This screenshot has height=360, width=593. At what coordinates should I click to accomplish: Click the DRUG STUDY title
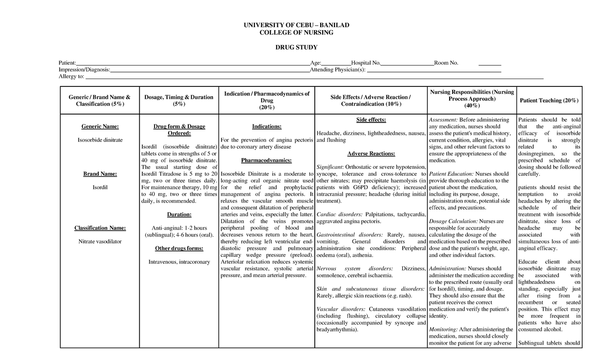coord(296,47)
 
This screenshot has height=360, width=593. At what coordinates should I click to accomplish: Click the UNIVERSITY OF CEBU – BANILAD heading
coord(296,25)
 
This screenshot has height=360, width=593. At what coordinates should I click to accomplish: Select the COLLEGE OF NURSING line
coord(296,33)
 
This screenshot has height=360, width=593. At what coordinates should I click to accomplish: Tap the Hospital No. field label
coord(366,63)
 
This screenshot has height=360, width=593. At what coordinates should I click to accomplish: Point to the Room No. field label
coord(446,63)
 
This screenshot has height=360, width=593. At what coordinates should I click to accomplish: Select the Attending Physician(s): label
coord(338,70)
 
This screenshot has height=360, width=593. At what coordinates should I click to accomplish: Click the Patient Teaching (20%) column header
coord(549,101)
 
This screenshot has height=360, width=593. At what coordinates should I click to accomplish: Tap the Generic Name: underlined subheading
coord(100,126)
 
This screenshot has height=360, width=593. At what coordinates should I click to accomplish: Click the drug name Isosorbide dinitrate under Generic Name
coord(100,140)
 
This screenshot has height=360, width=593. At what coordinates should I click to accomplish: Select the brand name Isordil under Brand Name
coord(100,188)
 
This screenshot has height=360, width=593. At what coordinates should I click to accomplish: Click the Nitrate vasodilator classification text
coord(100,241)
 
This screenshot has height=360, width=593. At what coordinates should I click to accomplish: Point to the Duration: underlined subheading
coord(178,214)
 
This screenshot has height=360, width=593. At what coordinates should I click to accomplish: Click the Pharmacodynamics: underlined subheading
coord(267,160)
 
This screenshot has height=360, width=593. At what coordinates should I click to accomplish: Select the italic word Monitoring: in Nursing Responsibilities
coord(443,329)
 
